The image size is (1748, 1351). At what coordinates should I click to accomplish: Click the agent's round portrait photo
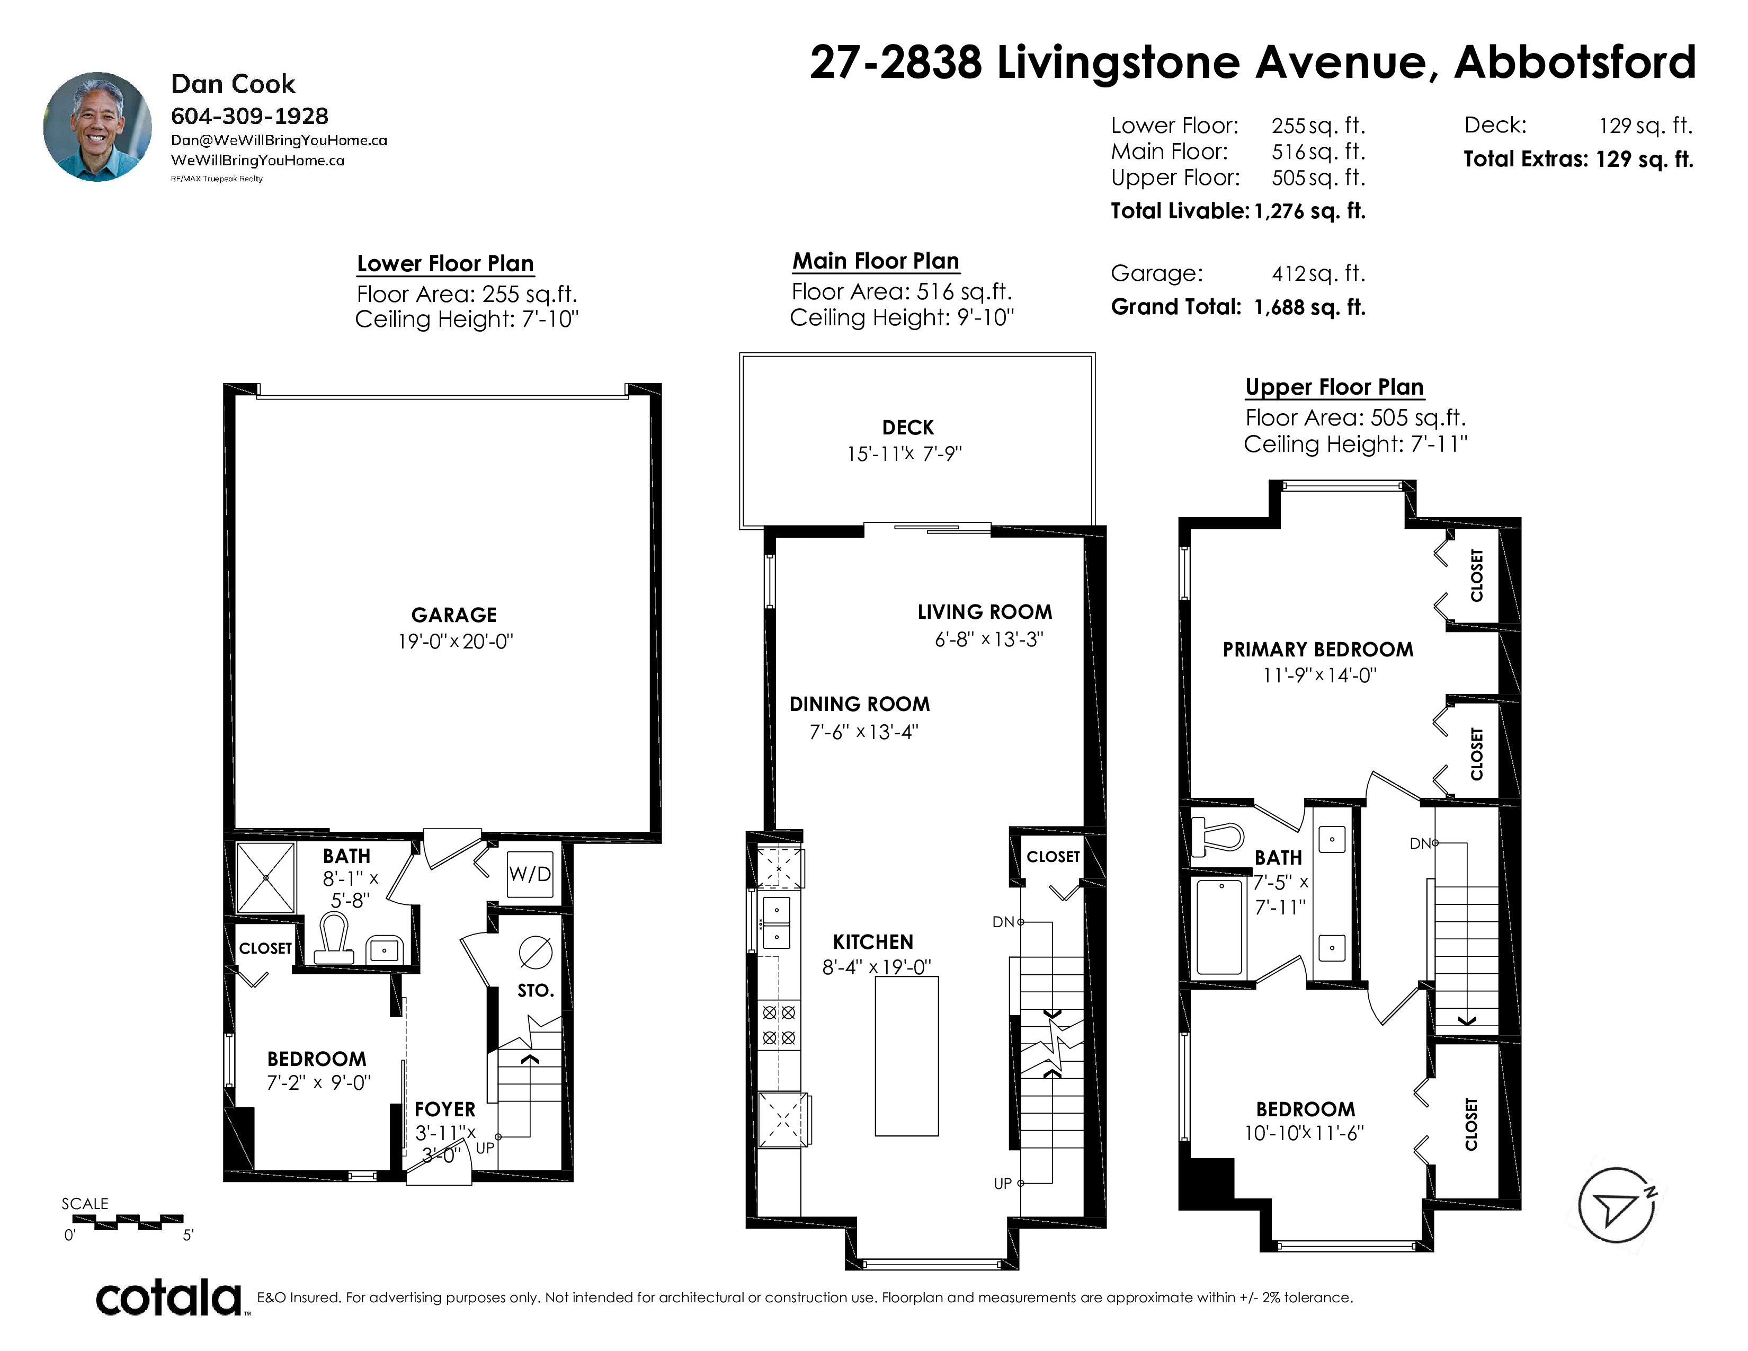click(97, 127)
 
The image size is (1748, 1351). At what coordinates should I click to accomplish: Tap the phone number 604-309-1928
click(249, 116)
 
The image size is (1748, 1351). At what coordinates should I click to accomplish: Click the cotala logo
click(169, 1298)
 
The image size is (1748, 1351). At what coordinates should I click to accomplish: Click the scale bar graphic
click(128, 1222)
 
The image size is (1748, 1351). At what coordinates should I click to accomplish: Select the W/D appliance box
click(530, 874)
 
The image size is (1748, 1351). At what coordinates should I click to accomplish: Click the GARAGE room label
click(454, 615)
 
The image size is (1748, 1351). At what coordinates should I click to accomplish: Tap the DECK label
click(907, 428)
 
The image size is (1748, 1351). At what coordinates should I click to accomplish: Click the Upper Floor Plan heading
click(1334, 387)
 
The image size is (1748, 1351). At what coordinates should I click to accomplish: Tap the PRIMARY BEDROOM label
click(1317, 649)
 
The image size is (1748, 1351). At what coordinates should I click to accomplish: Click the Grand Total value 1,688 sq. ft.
click(1309, 307)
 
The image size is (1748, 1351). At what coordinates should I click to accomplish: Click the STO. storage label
click(536, 991)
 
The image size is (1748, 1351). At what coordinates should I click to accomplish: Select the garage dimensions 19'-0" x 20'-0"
click(456, 641)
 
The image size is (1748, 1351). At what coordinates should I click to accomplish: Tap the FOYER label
click(445, 1109)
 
